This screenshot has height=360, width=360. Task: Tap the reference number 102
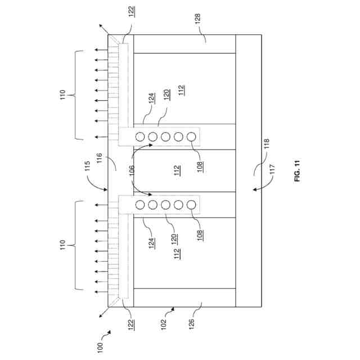point(163,323)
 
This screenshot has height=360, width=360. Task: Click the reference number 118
point(266,147)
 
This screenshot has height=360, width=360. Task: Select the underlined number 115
point(86,167)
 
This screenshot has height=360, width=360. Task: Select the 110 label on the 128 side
point(63,94)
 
